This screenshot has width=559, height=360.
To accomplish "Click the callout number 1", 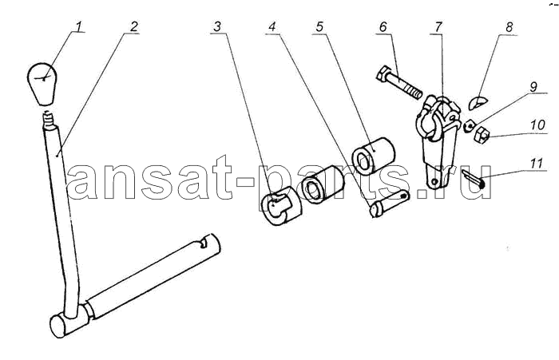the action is point(78,26).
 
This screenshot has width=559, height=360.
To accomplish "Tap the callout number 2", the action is point(133,26).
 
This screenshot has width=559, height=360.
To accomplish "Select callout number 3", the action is point(217,26).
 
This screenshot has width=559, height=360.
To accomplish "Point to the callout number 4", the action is point(272,26).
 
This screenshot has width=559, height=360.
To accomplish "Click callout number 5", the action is point(319,26).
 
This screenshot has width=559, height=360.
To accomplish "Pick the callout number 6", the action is point(383,26).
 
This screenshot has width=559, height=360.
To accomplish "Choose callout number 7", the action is point(438,26).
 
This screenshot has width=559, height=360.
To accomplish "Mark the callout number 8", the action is point(509,26).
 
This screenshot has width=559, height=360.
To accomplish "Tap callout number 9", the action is point(533,87).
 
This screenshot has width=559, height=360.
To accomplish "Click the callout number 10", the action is point(537,125).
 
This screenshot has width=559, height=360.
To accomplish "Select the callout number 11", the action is point(537,163).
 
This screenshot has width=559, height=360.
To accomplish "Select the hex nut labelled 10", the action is point(481,135).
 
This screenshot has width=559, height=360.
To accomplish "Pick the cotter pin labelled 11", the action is point(473,178).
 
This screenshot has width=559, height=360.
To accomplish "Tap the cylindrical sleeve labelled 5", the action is point(373,156).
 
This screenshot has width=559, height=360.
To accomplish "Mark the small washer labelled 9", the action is point(470,125).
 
